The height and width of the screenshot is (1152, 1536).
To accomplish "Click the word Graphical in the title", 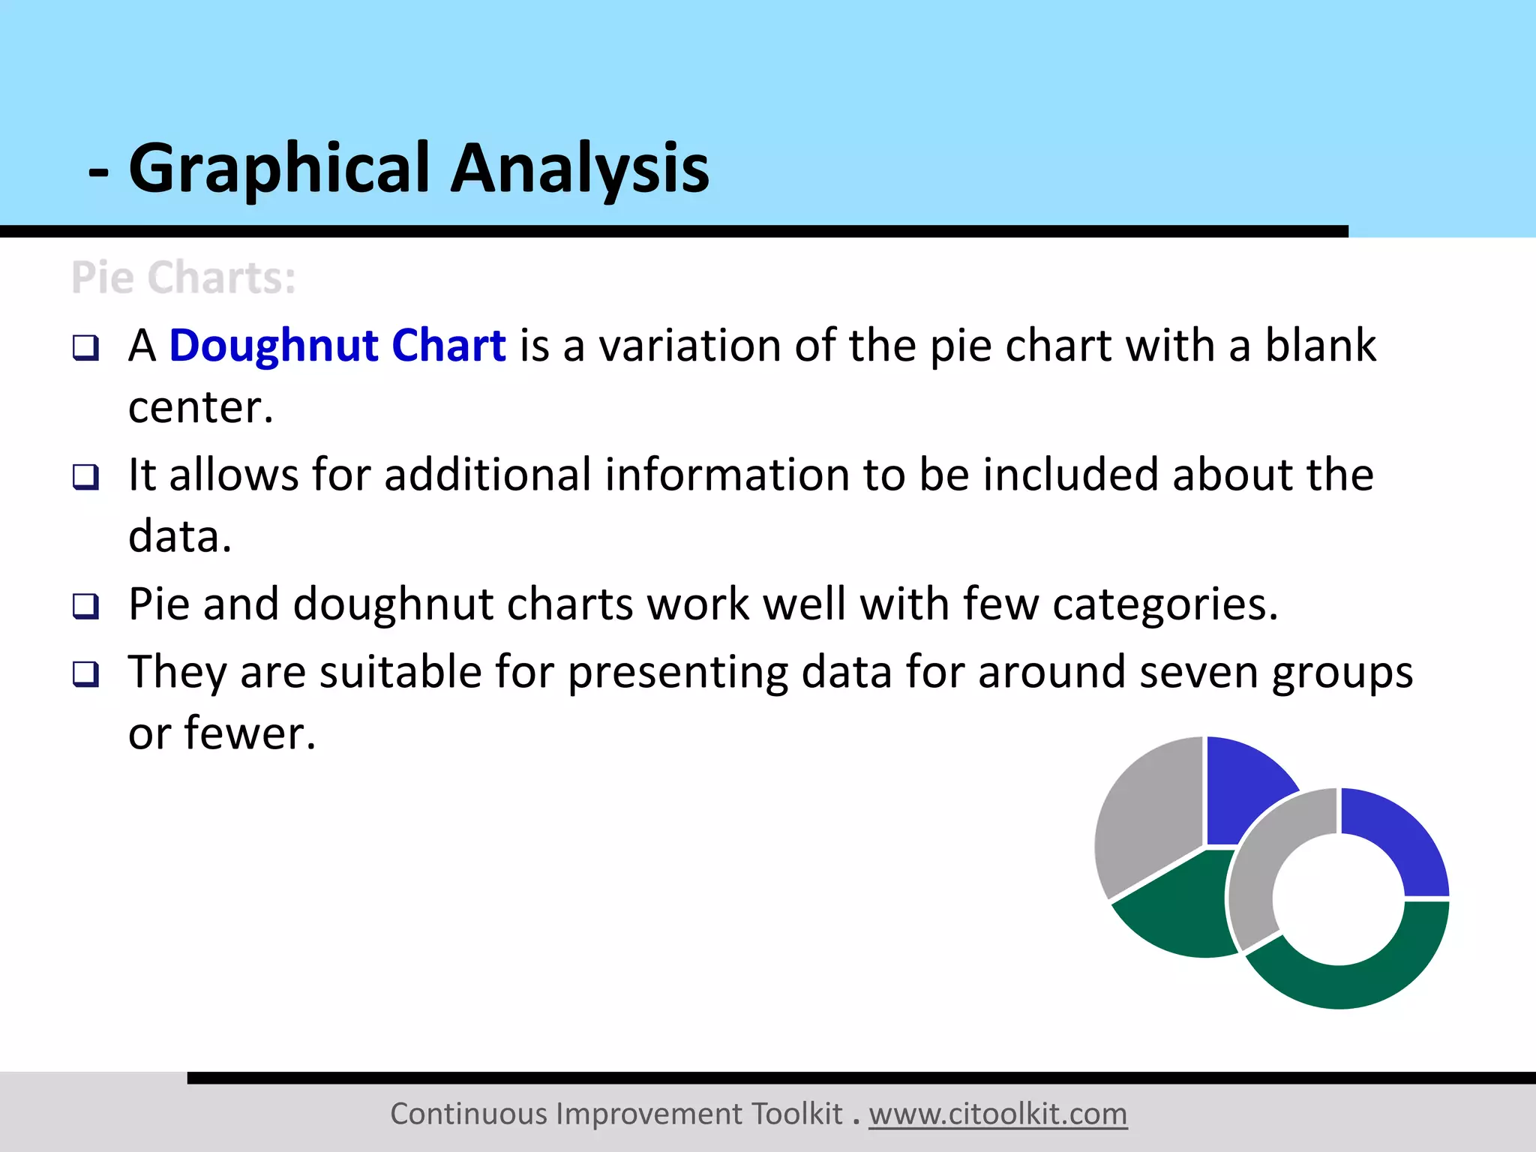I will [x=279, y=169].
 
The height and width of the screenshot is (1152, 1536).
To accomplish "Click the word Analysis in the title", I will [x=579, y=169].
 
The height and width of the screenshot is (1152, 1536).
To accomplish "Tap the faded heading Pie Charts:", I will [x=184, y=277].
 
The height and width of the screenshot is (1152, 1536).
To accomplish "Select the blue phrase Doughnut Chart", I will [x=337, y=346].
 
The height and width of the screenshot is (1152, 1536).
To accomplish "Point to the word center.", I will [x=200, y=408].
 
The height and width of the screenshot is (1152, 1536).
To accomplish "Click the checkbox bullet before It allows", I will [x=85, y=477].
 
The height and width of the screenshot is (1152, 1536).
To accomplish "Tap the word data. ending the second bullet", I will [x=180, y=537].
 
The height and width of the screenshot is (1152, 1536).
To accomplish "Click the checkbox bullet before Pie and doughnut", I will [x=85, y=606].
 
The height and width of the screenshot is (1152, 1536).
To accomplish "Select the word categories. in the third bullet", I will [x=1165, y=604].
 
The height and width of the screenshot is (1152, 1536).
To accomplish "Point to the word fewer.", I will [x=250, y=733].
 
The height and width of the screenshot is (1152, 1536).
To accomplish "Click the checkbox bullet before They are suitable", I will [x=85, y=673].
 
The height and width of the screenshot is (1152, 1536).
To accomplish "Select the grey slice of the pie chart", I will [x=1147, y=817].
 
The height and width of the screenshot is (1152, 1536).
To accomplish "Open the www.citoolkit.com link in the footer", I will [x=997, y=1114].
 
